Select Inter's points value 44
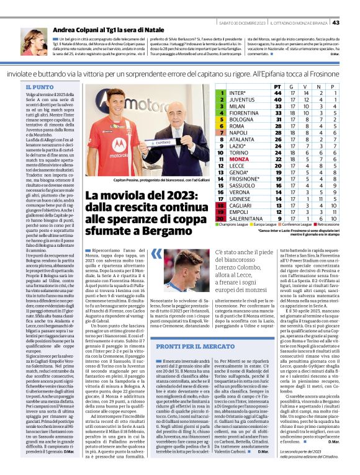tap(277, 93)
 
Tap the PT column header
tap(277, 86)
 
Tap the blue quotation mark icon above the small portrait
tap(157, 254)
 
